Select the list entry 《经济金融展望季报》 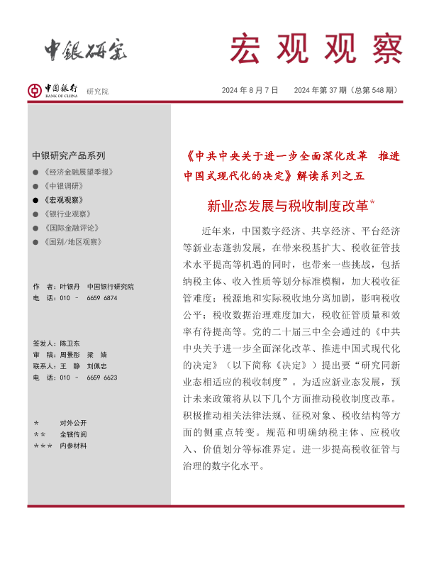[77, 172]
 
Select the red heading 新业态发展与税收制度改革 [288, 206]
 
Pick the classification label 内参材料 [73, 446]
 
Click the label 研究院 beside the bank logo [98, 92]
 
